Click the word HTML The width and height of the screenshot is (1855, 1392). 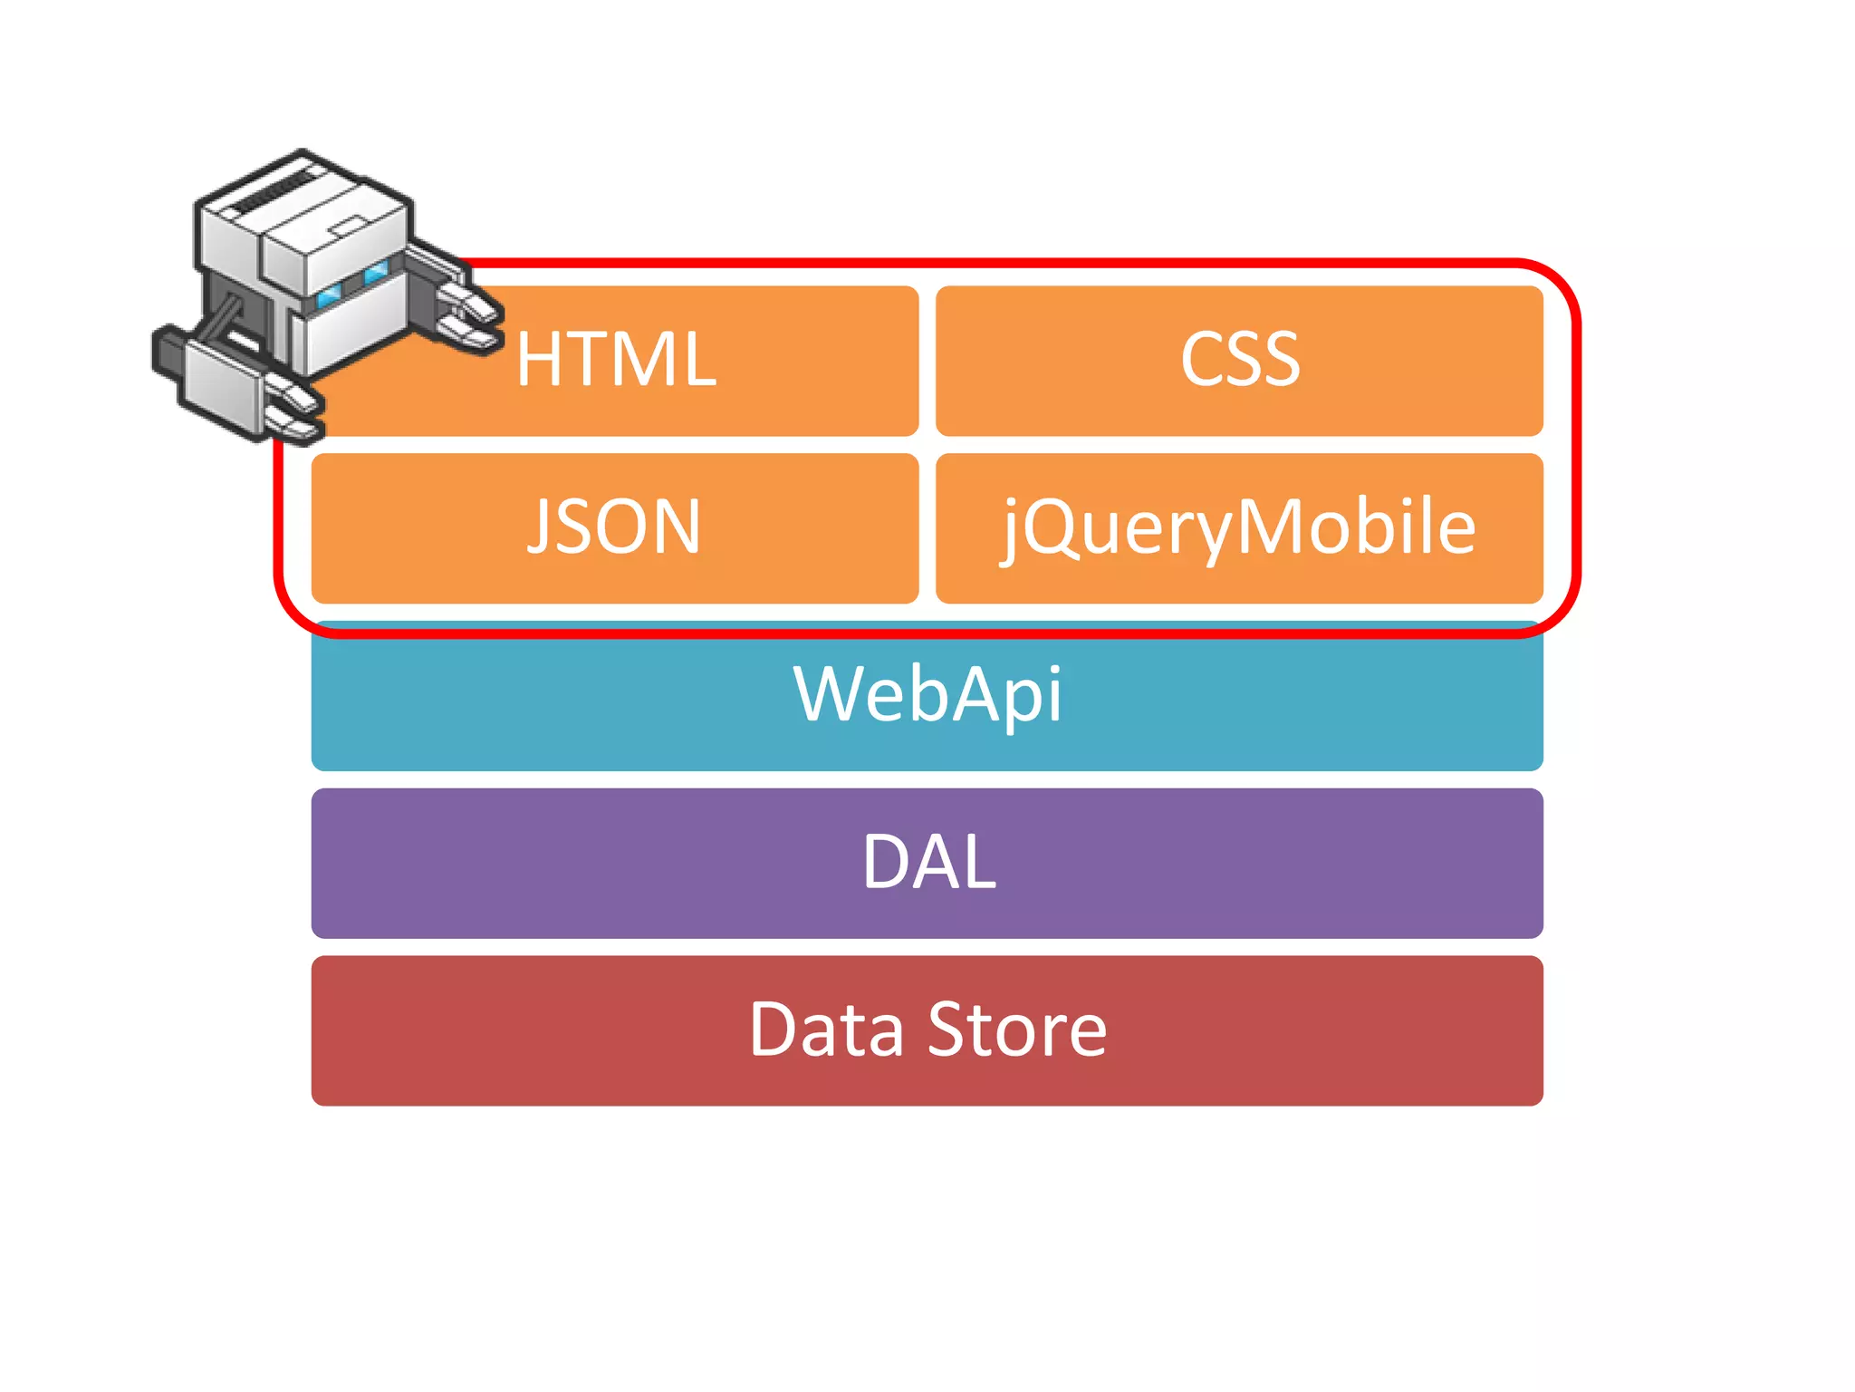(x=616, y=360)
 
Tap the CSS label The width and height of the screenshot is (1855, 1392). (x=1240, y=360)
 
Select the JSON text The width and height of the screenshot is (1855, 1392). (x=614, y=527)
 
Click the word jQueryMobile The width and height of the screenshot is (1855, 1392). (x=1239, y=527)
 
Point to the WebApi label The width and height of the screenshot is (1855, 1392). (x=927, y=695)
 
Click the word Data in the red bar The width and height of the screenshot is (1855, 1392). (x=826, y=1030)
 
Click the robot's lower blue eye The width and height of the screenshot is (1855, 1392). (x=328, y=295)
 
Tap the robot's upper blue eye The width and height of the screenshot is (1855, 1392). (x=375, y=270)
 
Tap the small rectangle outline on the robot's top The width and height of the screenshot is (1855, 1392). (x=350, y=226)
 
